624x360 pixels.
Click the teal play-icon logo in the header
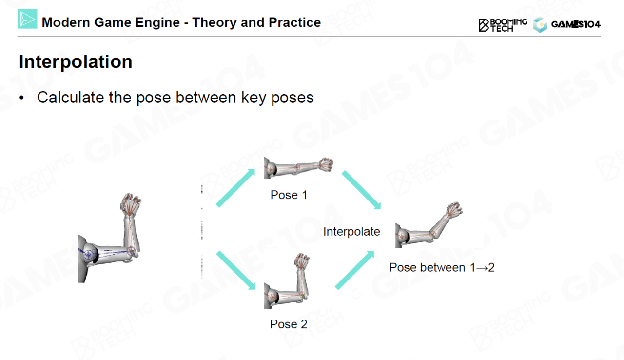[27, 19]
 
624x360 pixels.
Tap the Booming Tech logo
[503, 25]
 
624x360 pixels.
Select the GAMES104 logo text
[576, 24]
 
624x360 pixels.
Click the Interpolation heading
[76, 62]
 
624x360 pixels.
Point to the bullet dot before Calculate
[22, 98]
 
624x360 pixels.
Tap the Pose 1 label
[289, 195]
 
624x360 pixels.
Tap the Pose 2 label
[289, 324]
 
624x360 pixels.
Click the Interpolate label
[351, 232]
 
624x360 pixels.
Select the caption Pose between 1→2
[442, 267]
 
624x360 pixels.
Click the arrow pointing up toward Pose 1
[235, 188]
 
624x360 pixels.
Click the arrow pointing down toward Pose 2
[235, 270]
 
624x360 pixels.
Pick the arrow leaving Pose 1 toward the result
[361, 190]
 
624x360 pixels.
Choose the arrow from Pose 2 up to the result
[354, 270]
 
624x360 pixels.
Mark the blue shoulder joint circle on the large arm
[89, 254]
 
